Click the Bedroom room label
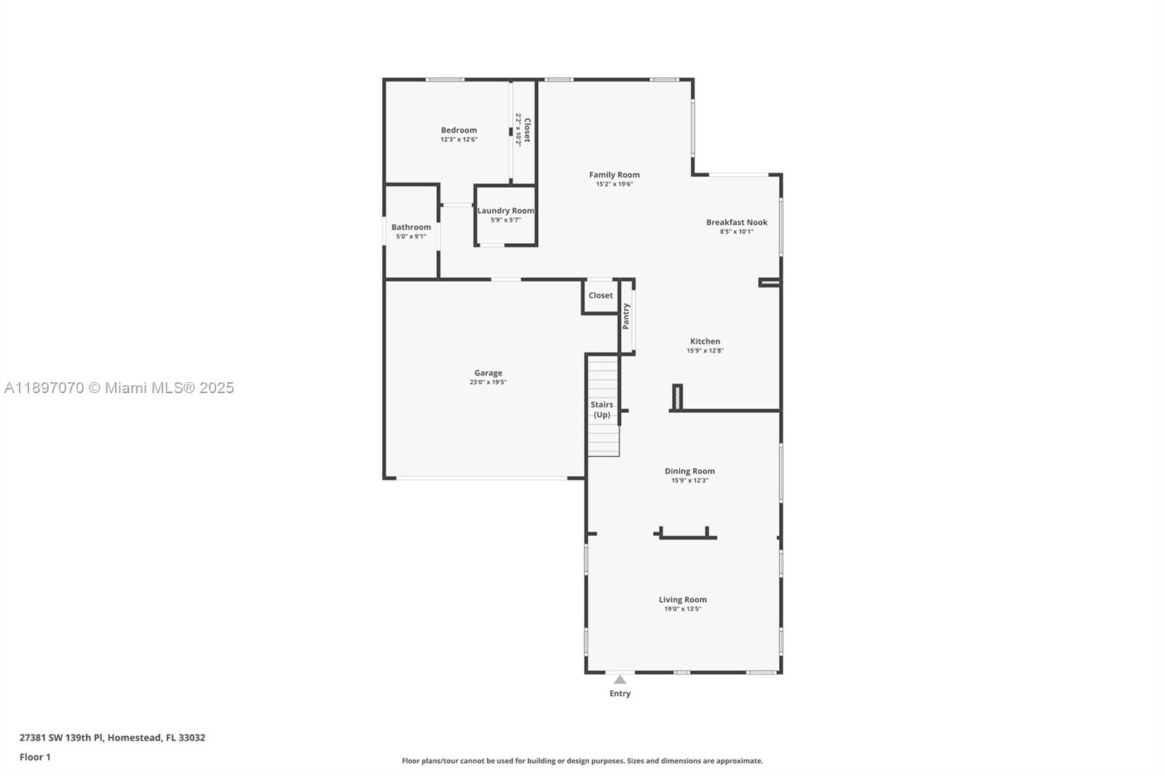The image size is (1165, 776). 459,130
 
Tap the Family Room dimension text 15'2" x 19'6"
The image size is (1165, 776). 615,184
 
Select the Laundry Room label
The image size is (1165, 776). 505,210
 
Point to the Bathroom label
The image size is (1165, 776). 411,227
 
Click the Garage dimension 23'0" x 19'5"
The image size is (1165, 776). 488,382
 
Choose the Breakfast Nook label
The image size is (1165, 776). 737,222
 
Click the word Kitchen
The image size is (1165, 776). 705,341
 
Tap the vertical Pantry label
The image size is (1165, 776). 625,317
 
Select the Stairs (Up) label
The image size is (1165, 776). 601,410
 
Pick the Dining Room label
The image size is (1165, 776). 690,471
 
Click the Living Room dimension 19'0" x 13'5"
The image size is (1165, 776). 682,609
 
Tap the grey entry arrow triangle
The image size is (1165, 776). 620,680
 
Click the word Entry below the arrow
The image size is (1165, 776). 620,694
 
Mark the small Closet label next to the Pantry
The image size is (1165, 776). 601,295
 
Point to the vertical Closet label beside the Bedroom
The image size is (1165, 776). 527,130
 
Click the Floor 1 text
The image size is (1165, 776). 35,757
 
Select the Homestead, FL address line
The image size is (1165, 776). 112,737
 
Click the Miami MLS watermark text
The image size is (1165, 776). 119,388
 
